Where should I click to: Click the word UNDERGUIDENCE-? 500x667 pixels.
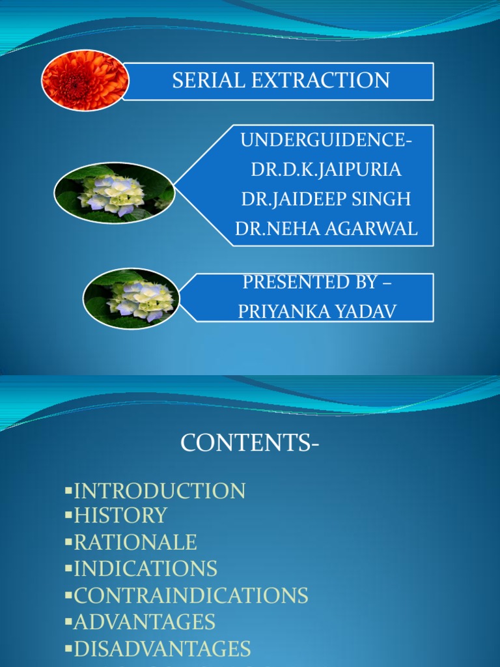point(326,140)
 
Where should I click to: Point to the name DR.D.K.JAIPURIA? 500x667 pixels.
point(326,169)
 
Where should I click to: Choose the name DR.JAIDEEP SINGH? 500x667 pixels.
point(326,199)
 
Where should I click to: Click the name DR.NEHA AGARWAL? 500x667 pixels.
point(326,229)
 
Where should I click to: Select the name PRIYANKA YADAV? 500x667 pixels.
point(317,311)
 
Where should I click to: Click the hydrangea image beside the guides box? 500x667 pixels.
point(115,194)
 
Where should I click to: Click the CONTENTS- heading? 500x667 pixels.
point(250,443)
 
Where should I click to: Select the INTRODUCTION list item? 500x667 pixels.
point(160,490)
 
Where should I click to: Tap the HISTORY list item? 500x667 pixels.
point(120,515)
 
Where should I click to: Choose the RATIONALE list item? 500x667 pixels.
point(135,542)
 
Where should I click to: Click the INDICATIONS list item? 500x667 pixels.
point(146,569)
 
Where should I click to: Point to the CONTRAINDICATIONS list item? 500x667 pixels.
point(191,595)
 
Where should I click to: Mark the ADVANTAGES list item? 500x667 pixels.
point(145,622)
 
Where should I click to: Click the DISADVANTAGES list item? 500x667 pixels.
point(162,649)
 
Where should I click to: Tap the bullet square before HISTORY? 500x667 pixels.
point(68,515)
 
